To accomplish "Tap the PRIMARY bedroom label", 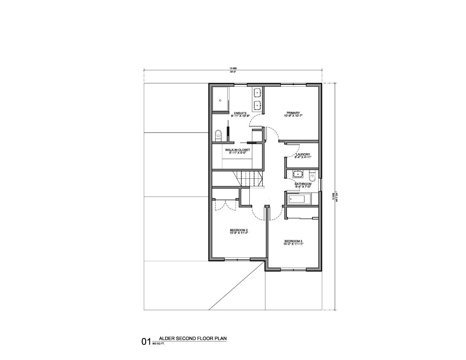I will (x=293, y=113).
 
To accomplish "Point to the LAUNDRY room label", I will (x=303, y=155).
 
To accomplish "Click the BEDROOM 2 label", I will (x=239, y=230).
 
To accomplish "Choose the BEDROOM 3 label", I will (x=293, y=241).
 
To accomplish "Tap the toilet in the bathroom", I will (x=312, y=177).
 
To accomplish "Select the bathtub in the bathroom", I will (x=298, y=199).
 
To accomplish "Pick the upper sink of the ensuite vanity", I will (x=258, y=92).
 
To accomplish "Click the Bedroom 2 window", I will (x=237, y=259).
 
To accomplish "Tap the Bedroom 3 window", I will (x=293, y=269).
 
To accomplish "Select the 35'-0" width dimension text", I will (x=233, y=72).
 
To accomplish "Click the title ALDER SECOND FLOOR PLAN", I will (x=193, y=339).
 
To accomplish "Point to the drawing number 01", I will (x=146, y=341).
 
